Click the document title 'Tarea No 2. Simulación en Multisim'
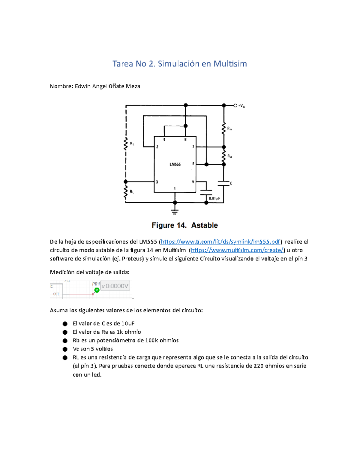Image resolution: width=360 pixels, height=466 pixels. pos(179,64)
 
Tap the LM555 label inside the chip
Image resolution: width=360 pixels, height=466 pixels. pos(175,164)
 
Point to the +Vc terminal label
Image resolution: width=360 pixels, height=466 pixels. pos(241,106)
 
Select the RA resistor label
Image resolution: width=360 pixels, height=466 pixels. pos(229,129)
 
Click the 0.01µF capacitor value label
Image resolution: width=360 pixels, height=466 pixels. pos(214,198)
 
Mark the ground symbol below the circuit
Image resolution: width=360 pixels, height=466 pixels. pos(175,211)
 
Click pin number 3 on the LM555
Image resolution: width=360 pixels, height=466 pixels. pos(157,182)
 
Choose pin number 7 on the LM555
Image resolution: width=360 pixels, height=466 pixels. pos(193,147)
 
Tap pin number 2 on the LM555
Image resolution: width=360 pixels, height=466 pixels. pos(157,147)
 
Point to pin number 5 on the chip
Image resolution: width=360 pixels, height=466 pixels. pos(193,182)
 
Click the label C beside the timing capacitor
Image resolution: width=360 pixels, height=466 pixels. pos(231,183)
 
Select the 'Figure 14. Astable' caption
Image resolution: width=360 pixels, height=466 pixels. pos(184,225)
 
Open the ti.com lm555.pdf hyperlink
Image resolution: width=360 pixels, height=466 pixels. pos(220,242)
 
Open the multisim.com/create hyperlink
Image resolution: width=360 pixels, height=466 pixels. pos(237,250)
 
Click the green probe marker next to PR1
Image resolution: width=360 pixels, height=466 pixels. pos(97,290)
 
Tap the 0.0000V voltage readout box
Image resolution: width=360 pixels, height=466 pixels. pos(115,286)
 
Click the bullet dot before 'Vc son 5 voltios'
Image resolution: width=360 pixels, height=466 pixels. pos(65,349)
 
